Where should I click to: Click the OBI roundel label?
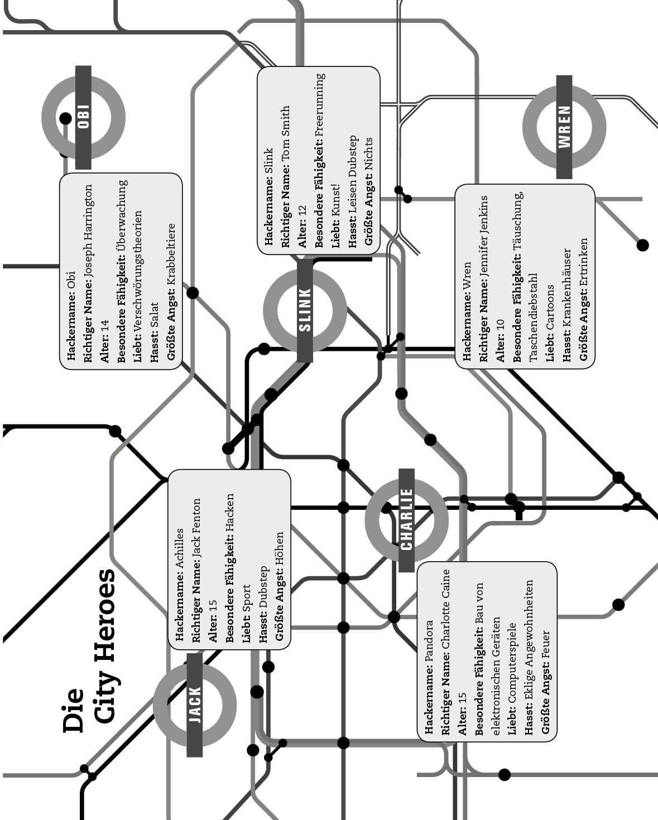point(84,117)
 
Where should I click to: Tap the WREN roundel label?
point(564,127)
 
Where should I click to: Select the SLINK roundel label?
point(305,310)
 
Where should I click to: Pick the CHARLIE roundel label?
point(407,519)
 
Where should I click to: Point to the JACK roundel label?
point(195,705)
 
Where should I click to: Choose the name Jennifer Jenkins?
point(484,242)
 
